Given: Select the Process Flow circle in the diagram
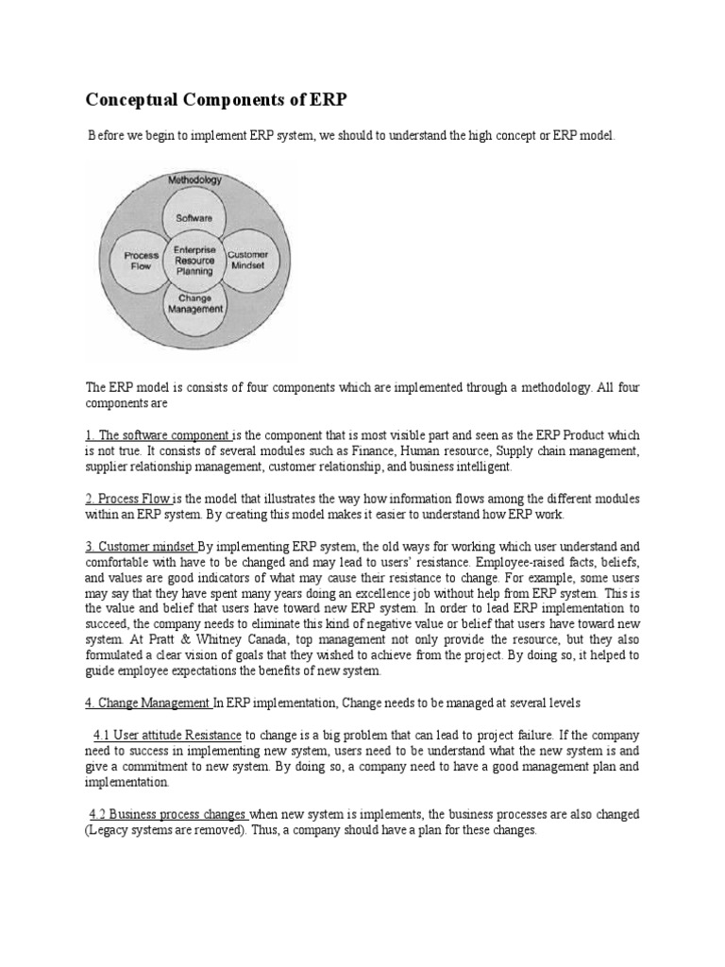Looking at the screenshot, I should point(141,260).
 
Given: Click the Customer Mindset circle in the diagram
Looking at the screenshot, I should point(247,260).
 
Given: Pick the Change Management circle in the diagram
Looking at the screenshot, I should point(194,303).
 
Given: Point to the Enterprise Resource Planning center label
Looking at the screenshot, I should point(194,260).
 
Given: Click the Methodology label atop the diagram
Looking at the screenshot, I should point(194,179).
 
